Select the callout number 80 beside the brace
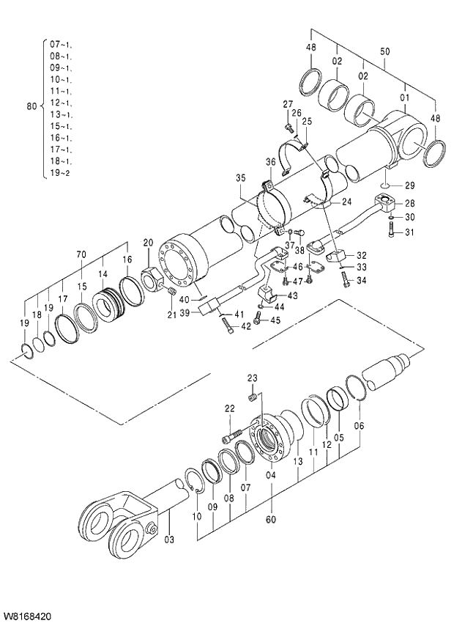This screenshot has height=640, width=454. [31, 106]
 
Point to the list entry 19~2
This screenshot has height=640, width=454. [60, 173]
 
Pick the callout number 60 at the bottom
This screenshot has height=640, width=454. [270, 521]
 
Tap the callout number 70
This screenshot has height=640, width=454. [81, 254]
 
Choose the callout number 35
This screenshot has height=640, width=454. [241, 177]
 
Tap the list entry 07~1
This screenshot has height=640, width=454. [60, 45]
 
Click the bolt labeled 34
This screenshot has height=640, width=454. [345, 279]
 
